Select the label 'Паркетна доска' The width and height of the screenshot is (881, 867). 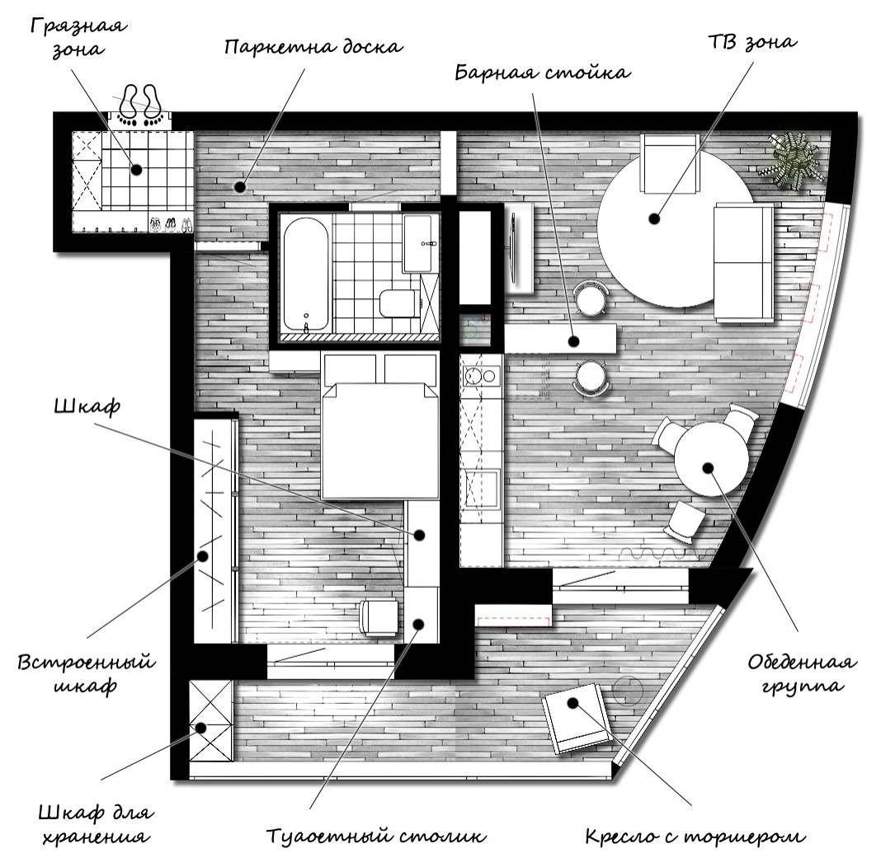point(313,46)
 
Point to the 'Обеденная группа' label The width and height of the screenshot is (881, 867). point(801,673)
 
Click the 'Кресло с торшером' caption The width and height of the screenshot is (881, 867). point(694,837)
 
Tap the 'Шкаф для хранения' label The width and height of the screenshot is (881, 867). point(95,824)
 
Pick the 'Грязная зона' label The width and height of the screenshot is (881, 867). point(78,36)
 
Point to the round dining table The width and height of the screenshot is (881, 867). point(709,462)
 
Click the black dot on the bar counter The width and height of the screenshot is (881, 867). point(573,340)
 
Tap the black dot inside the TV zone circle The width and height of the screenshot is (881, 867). point(654,219)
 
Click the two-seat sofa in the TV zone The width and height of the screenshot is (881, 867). point(743,261)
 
